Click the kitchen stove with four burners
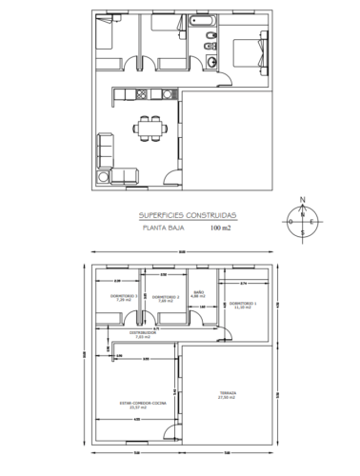tap(142, 93)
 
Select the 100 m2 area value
tap(221, 228)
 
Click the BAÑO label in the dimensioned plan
tap(199, 293)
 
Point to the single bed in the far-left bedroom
tap(105, 38)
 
